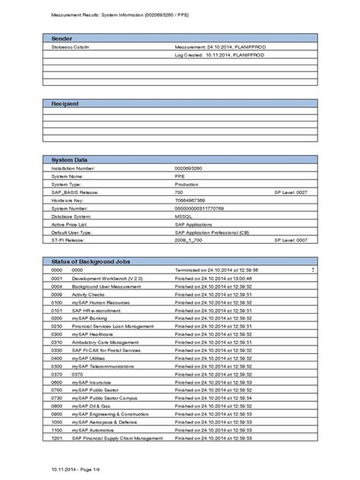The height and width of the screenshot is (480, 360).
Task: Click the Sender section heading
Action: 62,37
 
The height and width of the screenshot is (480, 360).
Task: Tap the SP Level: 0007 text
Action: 291,239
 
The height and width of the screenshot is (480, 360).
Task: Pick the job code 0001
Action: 55,279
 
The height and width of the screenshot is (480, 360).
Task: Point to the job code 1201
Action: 55,438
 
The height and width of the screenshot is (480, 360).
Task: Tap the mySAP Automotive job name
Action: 93,431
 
